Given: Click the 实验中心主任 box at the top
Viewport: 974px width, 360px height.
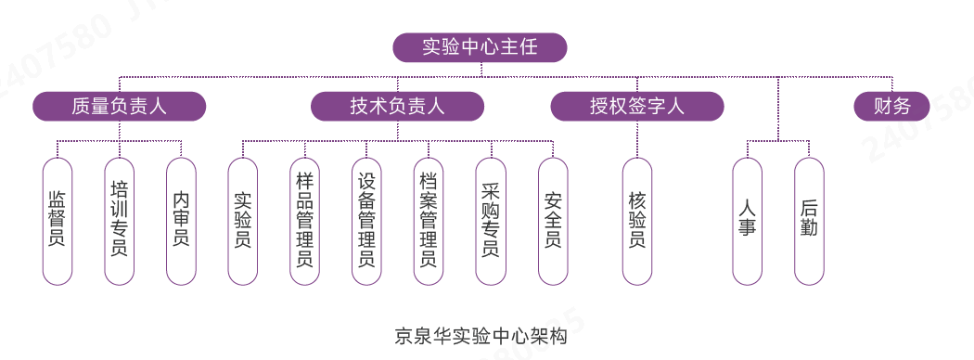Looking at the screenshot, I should coord(479,46).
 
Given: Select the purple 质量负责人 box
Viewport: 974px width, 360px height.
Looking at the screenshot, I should coord(119,107).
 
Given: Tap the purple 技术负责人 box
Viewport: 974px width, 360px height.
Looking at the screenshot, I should coord(397,107).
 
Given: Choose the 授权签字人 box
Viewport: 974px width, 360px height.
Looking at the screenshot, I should coord(636,107).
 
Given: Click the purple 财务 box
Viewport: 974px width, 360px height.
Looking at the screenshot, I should coord(891,107).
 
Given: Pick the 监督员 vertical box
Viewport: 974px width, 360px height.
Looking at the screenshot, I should coord(58,220).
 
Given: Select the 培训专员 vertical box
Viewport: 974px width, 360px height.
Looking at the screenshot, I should coord(119,220).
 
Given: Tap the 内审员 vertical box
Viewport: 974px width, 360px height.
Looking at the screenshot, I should coord(181,220).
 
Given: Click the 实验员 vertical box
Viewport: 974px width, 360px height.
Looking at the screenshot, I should coord(242,220).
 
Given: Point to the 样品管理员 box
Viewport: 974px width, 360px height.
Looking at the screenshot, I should coord(304,220).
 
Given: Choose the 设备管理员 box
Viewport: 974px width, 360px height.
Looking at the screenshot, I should coord(366,220).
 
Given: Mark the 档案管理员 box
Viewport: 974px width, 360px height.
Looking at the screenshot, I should coord(429,220).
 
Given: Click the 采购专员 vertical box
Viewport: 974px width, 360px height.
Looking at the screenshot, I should coord(491,220).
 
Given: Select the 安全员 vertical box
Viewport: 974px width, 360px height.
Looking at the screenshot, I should coord(553,220).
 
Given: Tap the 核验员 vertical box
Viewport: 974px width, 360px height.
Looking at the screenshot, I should coord(636,220).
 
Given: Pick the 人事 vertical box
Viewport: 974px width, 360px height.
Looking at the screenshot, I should coord(747,220).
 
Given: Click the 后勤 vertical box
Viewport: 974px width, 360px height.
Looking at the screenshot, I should coord(809,220).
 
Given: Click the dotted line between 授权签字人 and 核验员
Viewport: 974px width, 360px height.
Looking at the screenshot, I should coord(636,139).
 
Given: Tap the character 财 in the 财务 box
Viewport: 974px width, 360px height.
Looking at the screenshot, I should coord(881,107).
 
